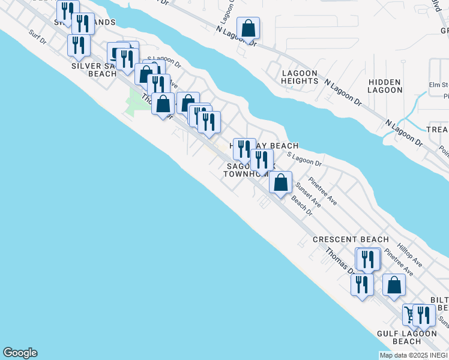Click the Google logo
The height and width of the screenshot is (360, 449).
(20, 353)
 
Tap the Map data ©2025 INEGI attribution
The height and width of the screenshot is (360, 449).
(414, 355)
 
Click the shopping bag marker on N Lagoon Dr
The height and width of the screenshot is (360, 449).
(248, 28)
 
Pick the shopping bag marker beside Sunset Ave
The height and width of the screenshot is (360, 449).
(280, 182)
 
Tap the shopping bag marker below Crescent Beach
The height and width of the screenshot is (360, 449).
(394, 285)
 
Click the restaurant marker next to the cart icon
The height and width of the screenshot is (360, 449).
(424, 315)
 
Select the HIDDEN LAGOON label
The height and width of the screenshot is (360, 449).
(385, 86)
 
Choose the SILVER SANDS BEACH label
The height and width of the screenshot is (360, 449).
(94, 70)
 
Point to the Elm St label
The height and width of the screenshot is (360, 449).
(439, 85)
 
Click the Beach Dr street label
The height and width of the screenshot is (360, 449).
(303, 207)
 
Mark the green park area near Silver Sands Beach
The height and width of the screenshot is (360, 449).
(137, 102)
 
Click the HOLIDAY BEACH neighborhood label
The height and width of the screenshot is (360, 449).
(268, 146)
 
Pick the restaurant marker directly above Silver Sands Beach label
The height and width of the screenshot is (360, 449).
(79, 45)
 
